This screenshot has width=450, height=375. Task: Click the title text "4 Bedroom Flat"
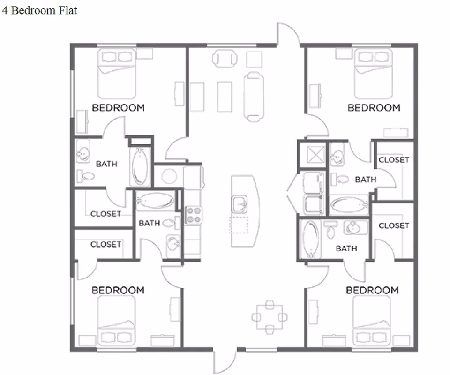click(x=39, y=10)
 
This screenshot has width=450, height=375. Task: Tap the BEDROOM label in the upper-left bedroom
click(x=118, y=107)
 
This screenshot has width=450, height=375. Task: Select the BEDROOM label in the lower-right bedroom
click(x=372, y=290)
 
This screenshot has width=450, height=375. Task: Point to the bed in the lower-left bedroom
click(x=116, y=321)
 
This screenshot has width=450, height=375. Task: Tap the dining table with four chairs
click(x=269, y=317)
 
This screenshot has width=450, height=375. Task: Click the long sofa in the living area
click(x=254, y=95)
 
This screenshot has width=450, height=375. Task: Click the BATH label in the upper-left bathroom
click(x=106, y=164)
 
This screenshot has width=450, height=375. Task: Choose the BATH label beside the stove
click(x=149, y=223)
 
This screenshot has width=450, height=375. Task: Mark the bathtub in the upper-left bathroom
click(x=140, y=166)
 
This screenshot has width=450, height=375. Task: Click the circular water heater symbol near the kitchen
click(x=169, y=176)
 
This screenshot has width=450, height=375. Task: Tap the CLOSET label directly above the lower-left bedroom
click(x=105, y=244)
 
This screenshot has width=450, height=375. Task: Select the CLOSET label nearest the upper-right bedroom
click(x=394, y=160)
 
